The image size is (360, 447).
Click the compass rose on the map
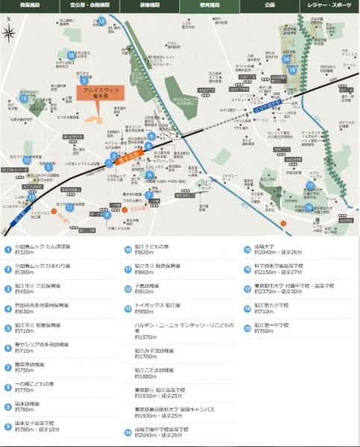[9, 33]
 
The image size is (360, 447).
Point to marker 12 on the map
[101, 21]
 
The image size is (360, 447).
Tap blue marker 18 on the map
[70, 54]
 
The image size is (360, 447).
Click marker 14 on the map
[286, 59]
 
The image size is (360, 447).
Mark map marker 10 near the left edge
[49, 166]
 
